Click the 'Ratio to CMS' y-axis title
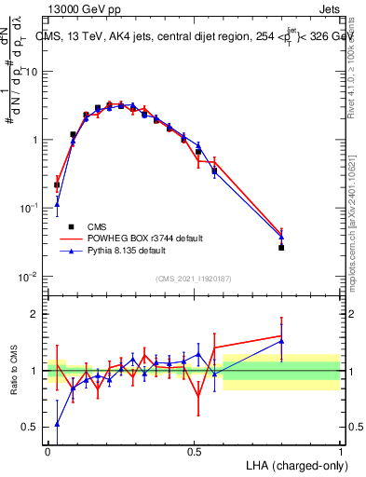pos(12,371)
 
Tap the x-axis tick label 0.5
pos(194,451)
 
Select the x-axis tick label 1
pos(340,451)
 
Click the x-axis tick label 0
pos(47,451)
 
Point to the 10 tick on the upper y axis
pos(32,72)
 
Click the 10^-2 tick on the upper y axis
pos(29,277)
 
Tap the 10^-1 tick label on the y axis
pos(29,209)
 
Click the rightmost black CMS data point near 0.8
pos(281,248)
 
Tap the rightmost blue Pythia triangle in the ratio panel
pos(281,341)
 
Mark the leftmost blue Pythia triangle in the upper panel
pos(57,204)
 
